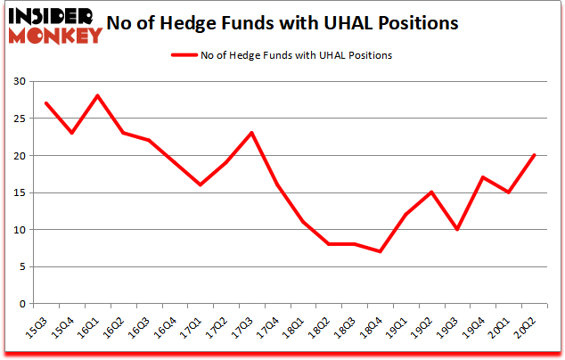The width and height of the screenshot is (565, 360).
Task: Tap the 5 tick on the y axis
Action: pyautogui.click(x=22, y=266)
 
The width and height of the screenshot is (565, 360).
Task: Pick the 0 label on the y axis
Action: pyautogui.click(x=22, y=304)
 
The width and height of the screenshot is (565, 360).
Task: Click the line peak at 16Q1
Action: pyautogui.click(x=97, y=96)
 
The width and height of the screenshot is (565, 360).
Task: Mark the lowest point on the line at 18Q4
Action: pyautogui.click(x=381, y=251)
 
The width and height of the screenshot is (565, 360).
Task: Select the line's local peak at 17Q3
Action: pyautogui.click(x=252, y=133)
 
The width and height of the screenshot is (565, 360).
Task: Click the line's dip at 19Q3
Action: pyautogui.click(x=458, y=229)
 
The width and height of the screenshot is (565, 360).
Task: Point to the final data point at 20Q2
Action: pyautogui.click(x=535, y=155)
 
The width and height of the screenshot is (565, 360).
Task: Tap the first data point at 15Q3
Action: pyautogui.click(x=45, y=103)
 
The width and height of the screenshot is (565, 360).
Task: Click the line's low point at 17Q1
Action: pyautogui.click(x=201, y=184)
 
